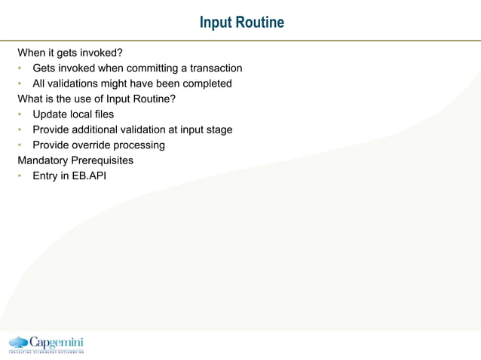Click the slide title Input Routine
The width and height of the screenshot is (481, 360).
tap(241, 23)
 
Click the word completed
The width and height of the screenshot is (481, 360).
tap(206, 84)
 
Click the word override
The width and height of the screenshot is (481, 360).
tap(93, 145)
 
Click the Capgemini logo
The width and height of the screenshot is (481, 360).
tap(46, 343)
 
